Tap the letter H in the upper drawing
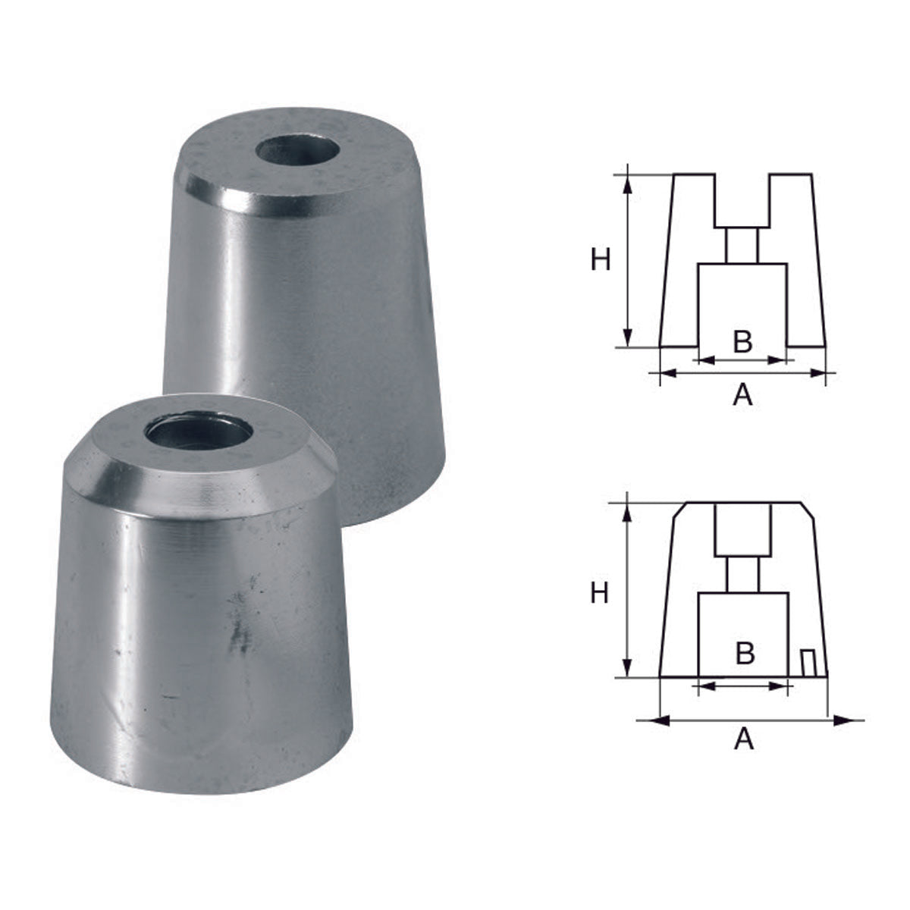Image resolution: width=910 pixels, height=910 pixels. pyautogui.click(x=601, y=261)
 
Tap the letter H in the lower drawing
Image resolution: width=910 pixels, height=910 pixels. pyautogui.click(x=599, y=593)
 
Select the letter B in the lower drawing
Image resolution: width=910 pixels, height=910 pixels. pyautogui.click(x=745, y=652)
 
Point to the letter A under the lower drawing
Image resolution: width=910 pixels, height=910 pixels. pyautogui.click(x=744, y=738)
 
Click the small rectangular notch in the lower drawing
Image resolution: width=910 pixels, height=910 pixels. pyautogui.click(x=809, y=664)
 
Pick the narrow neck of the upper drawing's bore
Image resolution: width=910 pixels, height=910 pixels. pyautogui.click(x=742, y=245)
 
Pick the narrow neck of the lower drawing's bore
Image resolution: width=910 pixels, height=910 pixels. pyautogui.click(x=743, y=574)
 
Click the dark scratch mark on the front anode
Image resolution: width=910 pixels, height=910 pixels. pyautogui.click(x=241, y=629)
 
